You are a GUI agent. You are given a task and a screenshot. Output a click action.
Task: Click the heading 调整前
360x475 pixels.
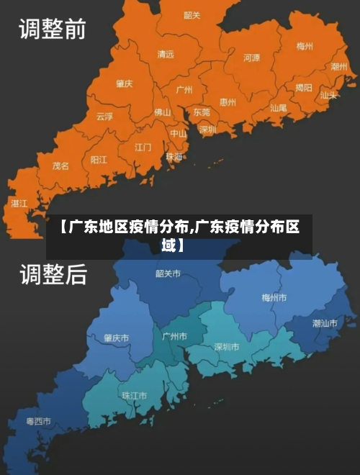(x=52, y=30)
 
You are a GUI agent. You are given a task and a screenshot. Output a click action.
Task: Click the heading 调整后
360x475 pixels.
(x=52, y=274)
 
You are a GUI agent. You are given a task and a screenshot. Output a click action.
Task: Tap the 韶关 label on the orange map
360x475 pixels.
(x=192, y=15)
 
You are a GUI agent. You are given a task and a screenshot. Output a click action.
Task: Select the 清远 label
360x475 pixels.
(x=166, y=54)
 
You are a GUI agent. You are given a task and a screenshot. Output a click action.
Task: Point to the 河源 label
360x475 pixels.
(x=251, y=58)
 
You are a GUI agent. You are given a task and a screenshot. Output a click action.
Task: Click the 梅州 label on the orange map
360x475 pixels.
(x=305, y=46)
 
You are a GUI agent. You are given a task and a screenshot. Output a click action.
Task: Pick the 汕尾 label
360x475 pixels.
(x=278, y=107)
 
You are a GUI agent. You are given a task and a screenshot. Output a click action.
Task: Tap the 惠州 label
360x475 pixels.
(x=228, y=102)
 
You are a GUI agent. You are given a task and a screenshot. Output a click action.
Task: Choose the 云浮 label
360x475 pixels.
(x=105, y=116)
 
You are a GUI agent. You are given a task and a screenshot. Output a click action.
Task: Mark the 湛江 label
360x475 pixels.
(x=19, y=204)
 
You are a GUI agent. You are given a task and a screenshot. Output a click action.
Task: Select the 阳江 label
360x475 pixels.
(x=99, y=160)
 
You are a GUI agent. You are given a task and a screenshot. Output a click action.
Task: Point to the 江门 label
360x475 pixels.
(x=143, y=147)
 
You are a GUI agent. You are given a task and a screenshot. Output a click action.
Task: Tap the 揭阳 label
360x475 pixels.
(x=304, y=88)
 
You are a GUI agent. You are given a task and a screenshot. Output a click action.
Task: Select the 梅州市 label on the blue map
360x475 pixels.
(x=274, y=297)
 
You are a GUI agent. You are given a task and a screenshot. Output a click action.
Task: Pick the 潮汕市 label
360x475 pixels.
(x=325, y=323)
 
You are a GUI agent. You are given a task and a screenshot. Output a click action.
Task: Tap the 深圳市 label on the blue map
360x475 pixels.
(x=227, y=347)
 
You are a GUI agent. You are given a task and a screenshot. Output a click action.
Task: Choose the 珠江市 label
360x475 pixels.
(x=134, y=395)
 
